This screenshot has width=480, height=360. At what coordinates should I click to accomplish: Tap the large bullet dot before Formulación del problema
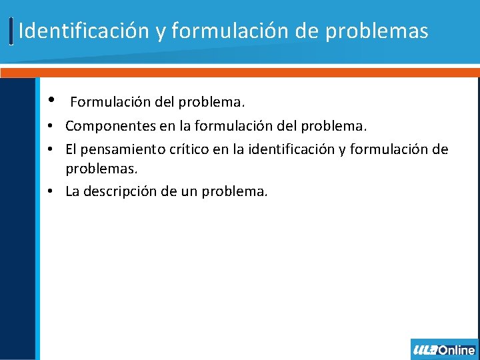pyautogui.click(x=51, y=101)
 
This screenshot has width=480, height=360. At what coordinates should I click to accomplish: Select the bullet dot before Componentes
pyautogui.click(x=51, y=126)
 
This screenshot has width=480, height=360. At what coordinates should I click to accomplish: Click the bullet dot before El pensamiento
pyautogui.click(x=51, y=149)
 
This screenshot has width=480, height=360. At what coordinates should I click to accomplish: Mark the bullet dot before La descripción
pyautogui.click(x=51, y=192)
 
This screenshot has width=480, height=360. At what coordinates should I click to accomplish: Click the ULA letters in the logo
pyautogui.click(x=425, y=350)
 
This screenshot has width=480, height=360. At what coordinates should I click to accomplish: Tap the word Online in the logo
pyautogui.click(x=457, y=350)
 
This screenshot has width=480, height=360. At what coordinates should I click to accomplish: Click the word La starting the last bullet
pyautogui.click(x=72, y=191)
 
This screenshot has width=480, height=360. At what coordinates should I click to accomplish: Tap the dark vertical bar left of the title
pyautogui.click(x=11, y=31)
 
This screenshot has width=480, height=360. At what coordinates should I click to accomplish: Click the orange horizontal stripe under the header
pyautogui.click(x=240, y=72)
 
